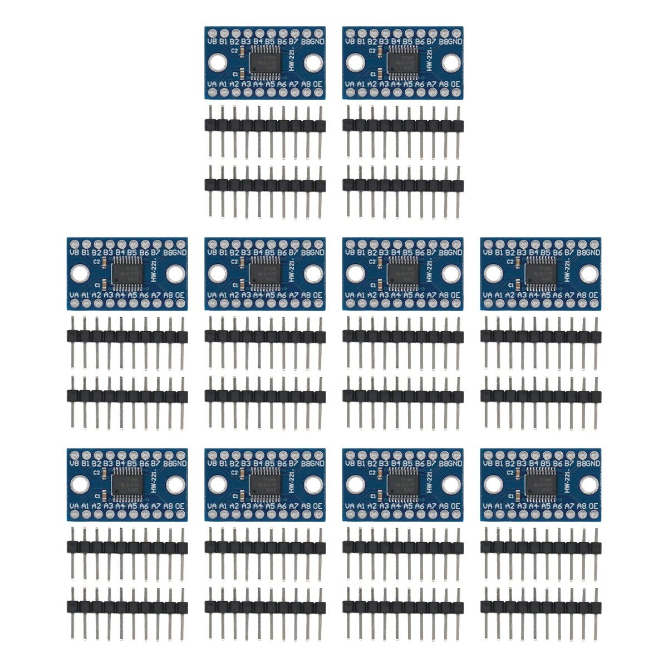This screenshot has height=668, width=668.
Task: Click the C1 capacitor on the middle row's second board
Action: (242, 284)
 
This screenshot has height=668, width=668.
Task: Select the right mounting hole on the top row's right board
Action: (451, 62)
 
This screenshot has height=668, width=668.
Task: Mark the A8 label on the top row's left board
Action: (306, 84)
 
